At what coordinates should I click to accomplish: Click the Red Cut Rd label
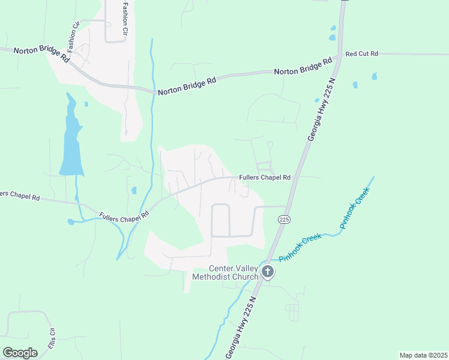(361, 53)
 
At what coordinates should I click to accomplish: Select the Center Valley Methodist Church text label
(225, 272)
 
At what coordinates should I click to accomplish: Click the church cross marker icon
(268, 273)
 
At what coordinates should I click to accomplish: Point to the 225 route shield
(285, 220)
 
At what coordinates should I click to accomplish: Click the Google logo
(20, 352)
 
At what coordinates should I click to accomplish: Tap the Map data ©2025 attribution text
(423, 355)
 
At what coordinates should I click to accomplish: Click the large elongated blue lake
(71, 141)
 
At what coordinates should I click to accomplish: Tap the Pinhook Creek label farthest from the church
(354, 208)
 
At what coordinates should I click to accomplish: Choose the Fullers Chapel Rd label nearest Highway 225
(265, 178)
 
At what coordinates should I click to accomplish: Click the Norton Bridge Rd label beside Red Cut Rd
(303, 67)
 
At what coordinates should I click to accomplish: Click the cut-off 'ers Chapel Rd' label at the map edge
(20, 196)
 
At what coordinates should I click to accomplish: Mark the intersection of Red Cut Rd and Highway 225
(340, 55)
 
